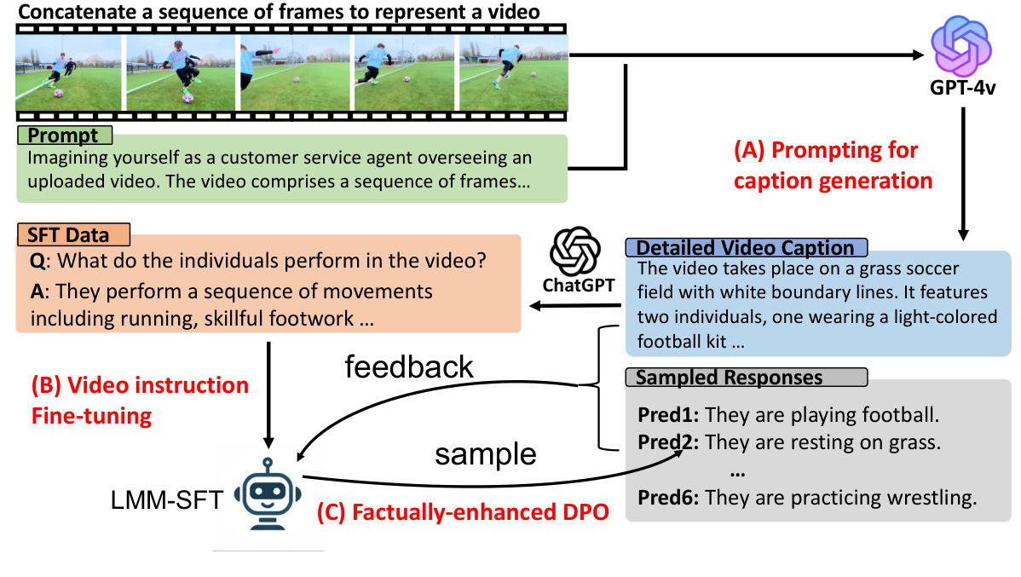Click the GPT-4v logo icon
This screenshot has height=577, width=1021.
[x=961, y=47]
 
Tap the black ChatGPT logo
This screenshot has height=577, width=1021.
[x=574, y=251]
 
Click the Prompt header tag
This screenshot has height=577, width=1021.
[x=65, y=136]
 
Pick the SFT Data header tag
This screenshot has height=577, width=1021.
[x=73, y=234]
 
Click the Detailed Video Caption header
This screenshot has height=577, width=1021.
[x=747, y=247]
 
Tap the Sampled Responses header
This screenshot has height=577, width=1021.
[x=747, y=377]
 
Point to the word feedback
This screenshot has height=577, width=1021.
[x=409, y=366]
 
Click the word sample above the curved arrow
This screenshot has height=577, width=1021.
[x=486, y=454]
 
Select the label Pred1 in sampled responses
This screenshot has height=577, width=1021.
[x=668, y=415]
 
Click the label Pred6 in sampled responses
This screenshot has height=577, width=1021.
[x=668, y=498]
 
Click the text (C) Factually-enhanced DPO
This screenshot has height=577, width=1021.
[x=463, y=512]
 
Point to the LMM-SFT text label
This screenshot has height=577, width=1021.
[x=167, y=500]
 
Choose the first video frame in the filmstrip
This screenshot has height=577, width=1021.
[x=69, y=72]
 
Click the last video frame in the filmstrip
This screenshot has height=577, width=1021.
[x=514, y=72]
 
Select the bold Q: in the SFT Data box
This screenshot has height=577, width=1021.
[x=38, y=261]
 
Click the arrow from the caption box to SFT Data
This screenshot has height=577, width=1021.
[x=575, y=305]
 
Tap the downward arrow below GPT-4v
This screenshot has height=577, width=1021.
[x=963, y=174]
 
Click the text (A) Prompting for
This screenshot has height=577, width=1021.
[x=826, y=151]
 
